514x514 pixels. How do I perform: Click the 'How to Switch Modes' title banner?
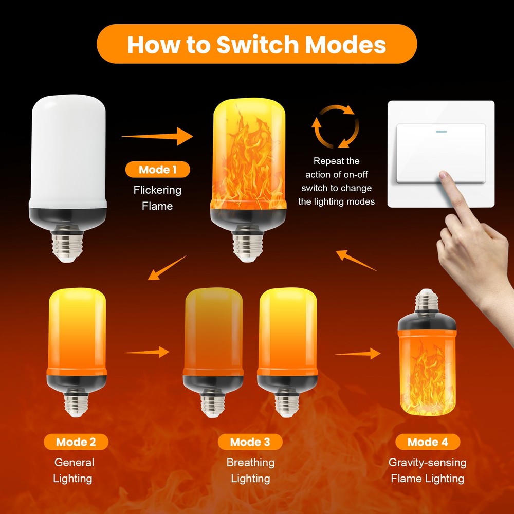(256, 44)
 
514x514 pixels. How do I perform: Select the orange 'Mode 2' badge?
(76, 442)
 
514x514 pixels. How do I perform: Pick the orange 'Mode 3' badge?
(250, 442)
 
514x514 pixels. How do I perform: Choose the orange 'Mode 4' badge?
(427, 442)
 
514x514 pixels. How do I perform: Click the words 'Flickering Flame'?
(157, 198)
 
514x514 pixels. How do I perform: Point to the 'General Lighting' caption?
(74, 470)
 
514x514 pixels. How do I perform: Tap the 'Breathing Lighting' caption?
(250, 470)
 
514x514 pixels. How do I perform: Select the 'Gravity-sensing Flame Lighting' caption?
(427, 470)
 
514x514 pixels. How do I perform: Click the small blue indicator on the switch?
(442, 131)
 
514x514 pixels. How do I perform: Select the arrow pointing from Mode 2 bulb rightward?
(146, 352)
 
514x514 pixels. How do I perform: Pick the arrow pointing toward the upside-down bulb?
(358, 354)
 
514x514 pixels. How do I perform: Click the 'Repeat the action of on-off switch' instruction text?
(336, 181)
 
